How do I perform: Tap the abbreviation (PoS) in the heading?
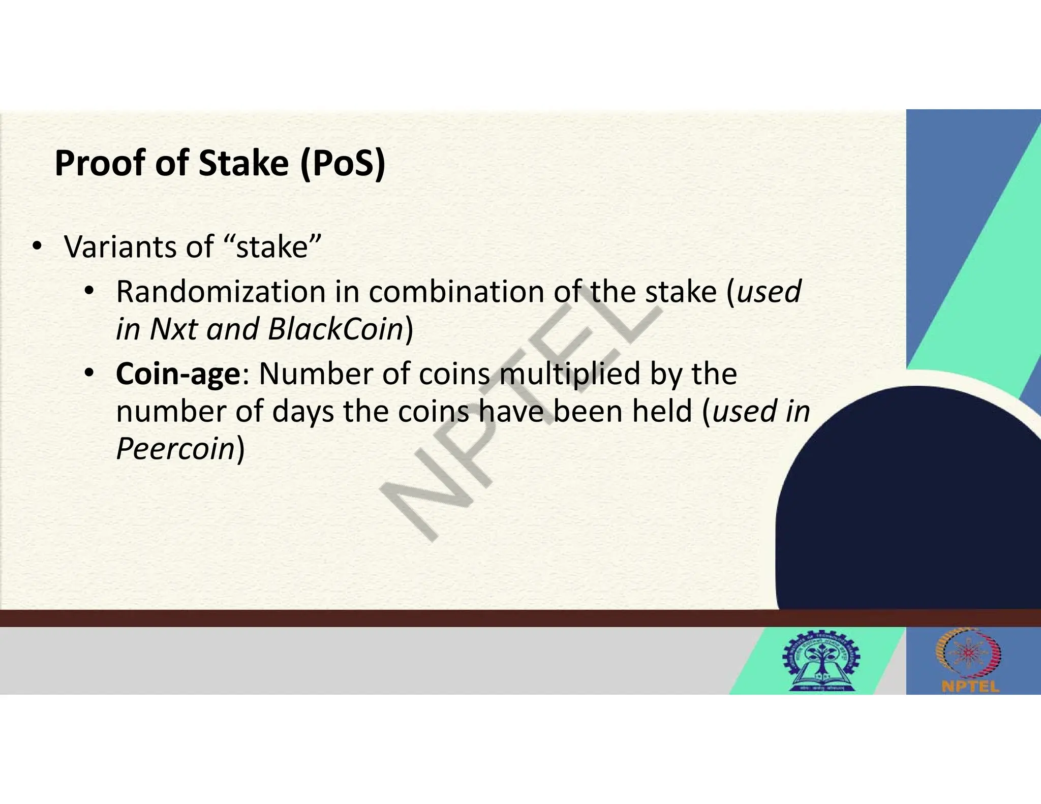(343, 164)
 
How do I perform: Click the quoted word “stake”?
(272, 248)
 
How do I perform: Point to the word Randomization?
(221, 292)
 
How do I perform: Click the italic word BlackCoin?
(335, 329)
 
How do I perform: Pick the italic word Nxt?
(174, 329)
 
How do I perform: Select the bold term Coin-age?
(178, 375)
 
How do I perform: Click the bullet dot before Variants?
(36, 247)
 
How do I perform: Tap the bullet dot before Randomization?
(89, 292)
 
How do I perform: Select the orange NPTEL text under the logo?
(970, 687)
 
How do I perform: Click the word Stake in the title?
(243, 164)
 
